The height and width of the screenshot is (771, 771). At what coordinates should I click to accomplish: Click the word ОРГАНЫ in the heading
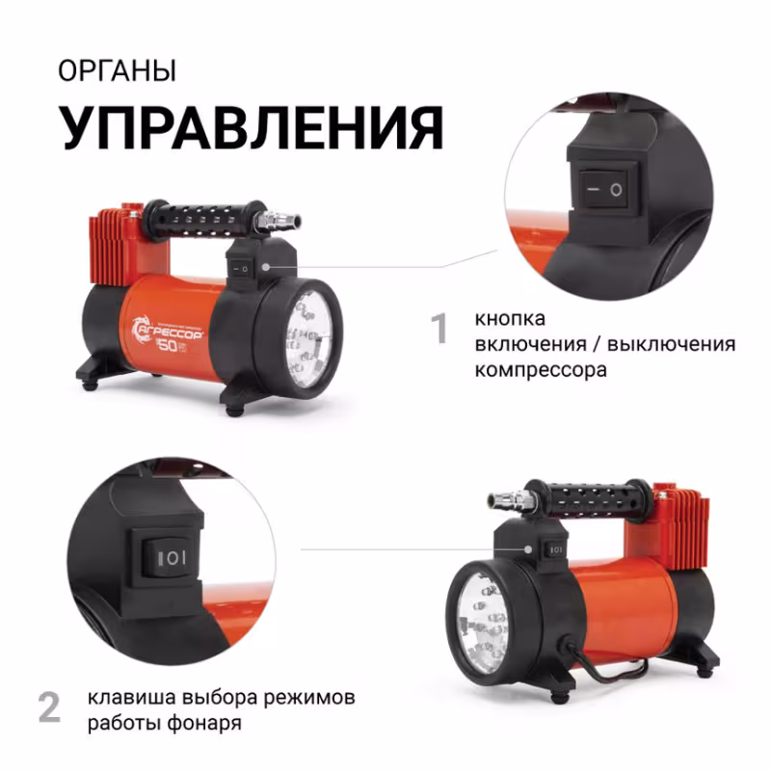(117, 72)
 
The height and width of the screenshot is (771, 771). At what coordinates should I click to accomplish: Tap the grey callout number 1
(440, 329)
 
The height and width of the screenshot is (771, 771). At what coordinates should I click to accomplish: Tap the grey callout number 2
(50, 707)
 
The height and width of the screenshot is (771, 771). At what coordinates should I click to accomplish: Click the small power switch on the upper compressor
(246, 264)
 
